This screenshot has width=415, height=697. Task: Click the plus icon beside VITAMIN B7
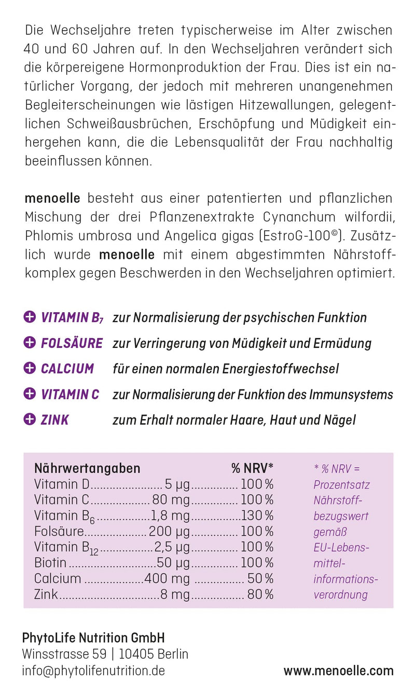[30, 317]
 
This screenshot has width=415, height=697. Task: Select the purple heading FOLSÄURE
[72, 343]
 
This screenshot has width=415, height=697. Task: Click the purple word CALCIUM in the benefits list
[67, 369]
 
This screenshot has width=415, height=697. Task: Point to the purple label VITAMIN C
[70, 395]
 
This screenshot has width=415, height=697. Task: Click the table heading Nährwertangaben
[87, 468]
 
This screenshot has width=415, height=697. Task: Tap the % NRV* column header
[252, 468]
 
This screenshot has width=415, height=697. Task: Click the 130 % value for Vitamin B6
[257, 515]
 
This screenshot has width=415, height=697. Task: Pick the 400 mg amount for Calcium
[167, 579]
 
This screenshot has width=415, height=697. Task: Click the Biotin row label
[50, 563]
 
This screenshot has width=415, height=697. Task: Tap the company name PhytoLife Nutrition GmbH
[93, 638]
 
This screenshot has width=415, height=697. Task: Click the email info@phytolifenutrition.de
[93, 671]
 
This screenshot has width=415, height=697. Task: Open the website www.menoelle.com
[338, 671]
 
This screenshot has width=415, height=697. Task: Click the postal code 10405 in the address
[135, 654]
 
